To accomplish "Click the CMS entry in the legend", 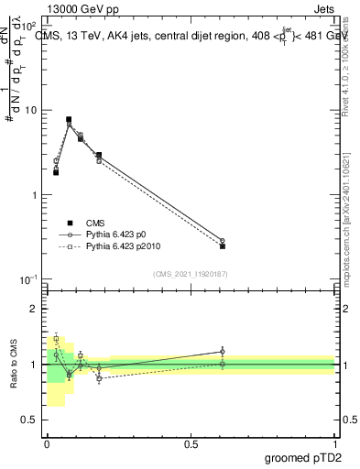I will pos(95,223).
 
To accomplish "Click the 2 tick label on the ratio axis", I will pos(36,309).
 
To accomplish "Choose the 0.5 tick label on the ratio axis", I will pos(31,420).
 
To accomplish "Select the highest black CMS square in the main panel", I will pos(69,119).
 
